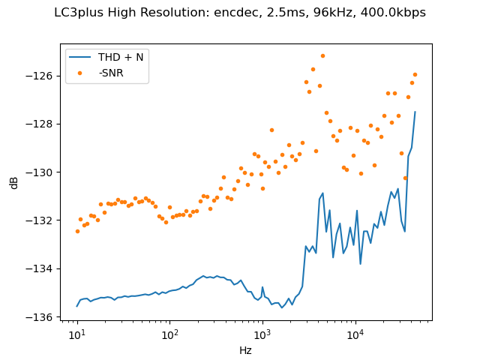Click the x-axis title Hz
(245, 349)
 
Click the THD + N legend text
(121, 57)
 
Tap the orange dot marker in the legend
(81, 73)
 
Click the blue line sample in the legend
(81, 57)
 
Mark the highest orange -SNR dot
(322, 55)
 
